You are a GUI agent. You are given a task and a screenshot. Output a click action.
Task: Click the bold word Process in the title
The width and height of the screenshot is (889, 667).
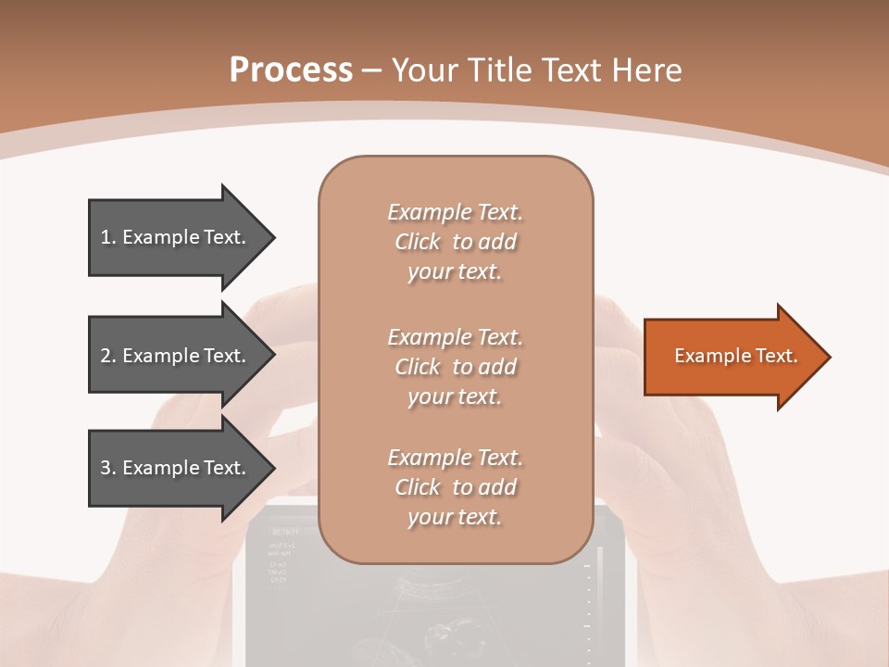tap(291, 69)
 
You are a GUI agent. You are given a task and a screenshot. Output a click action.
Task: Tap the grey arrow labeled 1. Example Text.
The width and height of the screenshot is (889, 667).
tap(176, 237)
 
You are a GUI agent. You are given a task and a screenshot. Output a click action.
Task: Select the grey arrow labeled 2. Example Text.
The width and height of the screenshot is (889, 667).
tap(176, 356)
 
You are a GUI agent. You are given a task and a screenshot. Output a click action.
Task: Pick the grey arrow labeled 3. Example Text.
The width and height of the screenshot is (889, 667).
tap(176, 468)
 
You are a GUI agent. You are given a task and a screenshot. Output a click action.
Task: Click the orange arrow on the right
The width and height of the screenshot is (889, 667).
tap(732, 357)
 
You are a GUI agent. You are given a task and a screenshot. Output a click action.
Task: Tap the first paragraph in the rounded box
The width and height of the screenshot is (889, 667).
tap(455, 242)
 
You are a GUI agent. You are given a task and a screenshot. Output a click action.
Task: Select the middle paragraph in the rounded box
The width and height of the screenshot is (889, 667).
tap(455, 367)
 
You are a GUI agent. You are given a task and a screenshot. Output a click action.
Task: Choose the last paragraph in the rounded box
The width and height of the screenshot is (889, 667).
tap(455, 487)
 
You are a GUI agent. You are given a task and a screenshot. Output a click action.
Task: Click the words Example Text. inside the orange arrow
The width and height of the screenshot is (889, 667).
tap(736, 356)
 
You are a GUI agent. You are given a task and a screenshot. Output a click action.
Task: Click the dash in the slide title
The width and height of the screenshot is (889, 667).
tap(372, 70)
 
